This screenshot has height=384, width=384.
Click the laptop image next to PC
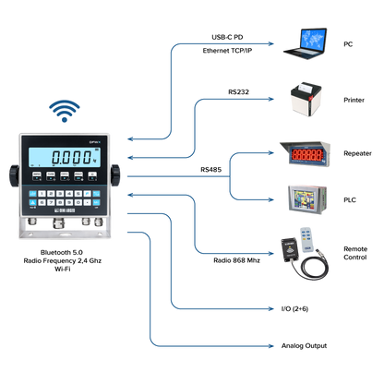point(305,43)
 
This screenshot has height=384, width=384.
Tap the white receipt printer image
point(306,99)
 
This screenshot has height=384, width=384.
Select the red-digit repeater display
point(306,154)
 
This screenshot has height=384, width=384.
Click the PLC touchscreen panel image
point(307,199)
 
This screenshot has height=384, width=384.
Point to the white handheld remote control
point(306,240)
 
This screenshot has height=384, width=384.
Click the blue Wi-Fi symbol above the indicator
point(65,111)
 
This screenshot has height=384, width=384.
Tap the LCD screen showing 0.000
point(65,157)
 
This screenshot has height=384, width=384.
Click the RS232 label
point(238,92)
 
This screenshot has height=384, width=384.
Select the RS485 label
point(210,170)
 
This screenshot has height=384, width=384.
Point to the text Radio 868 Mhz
point(236,260)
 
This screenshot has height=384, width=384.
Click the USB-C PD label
point(227,37)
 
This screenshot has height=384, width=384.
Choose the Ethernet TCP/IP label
point(227,51)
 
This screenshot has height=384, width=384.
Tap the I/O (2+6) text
point(294,308)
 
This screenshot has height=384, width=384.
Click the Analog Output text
point(304,346)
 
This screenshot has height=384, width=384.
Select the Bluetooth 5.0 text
point(62,252)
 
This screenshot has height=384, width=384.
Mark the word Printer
point(354,100)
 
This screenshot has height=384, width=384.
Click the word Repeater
point(357,153)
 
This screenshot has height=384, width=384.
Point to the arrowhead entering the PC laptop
point(270,43)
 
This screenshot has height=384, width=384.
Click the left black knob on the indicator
point(14,175)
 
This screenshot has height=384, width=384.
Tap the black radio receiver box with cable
point(290,250)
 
